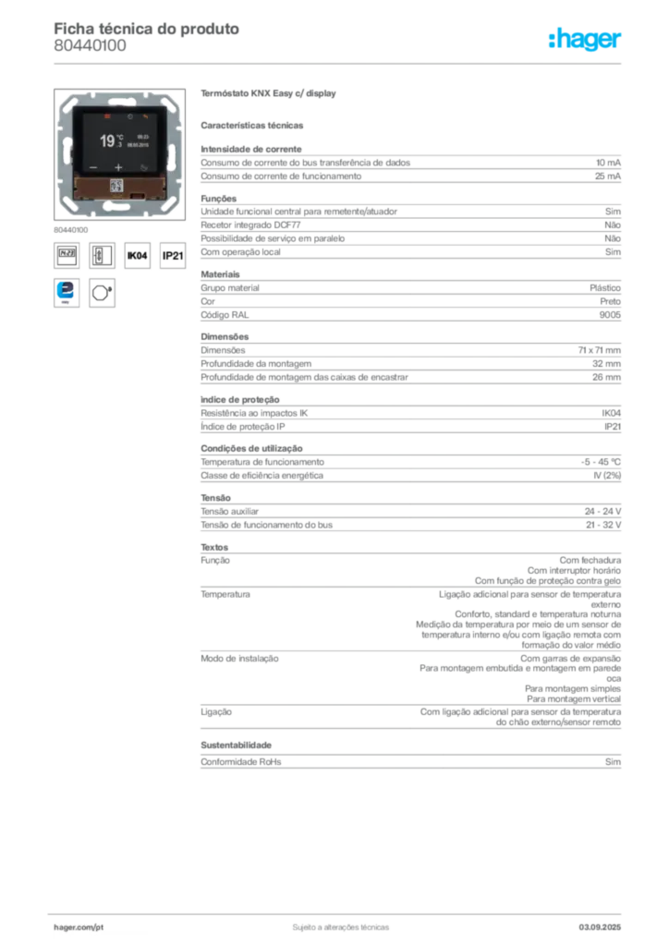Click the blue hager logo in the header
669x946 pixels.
click(x=586, y=41)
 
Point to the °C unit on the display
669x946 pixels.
click(x=120, y=137)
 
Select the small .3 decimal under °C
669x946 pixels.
click(x=119, y=146)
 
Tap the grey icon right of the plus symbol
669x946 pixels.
click(x=141, y=169)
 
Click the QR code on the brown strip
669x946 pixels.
click(x=116, y=185)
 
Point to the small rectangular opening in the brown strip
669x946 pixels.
click(x=137, y=195)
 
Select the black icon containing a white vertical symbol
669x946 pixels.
click(x=97, y=256)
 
